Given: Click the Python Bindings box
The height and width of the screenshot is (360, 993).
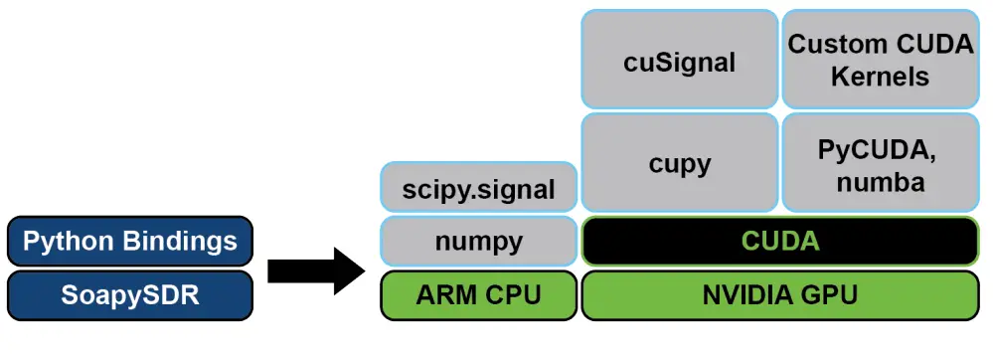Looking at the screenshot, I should coord(130,242).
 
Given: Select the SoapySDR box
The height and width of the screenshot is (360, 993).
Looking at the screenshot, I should coord(130,295).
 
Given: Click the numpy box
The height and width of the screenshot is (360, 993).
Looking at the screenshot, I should coord(479,242).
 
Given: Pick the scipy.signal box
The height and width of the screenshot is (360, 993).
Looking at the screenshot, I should coord(479,189).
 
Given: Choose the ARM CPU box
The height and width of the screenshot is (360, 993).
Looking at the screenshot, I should coord(479,295).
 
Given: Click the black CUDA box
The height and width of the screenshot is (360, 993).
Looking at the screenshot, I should coord(780,242).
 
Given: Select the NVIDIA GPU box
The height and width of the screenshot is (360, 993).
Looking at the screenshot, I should coord(780,295).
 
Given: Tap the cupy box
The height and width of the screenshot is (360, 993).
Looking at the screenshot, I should coord(680,163).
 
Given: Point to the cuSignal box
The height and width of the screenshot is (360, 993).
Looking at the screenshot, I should coord(680,61).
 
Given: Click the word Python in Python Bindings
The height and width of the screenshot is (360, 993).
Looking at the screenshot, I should coord(71,242).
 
